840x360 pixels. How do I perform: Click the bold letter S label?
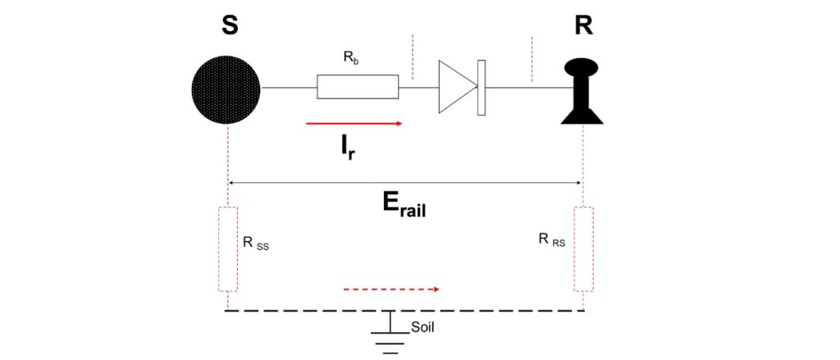pos(230,25)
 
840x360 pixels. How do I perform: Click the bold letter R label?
pos(584,25)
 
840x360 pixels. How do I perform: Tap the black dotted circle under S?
pos(226,88)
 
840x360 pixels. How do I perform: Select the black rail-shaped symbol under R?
pos(582,91)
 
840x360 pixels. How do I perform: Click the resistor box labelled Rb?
pos(358,87)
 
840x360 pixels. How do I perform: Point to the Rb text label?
pos(349,59)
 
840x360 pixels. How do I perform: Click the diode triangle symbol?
pos(456,86)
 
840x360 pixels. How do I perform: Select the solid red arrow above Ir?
pos(354,124)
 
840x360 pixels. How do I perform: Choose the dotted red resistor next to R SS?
pos(227,249)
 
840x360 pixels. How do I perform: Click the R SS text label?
pos(256,243)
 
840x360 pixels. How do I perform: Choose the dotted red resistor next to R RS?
pos(583,249)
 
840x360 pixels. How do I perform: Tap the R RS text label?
pos(551,240)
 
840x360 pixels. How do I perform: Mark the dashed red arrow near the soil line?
pos(391,289)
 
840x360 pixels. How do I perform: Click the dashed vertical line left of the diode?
pos(413,58)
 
